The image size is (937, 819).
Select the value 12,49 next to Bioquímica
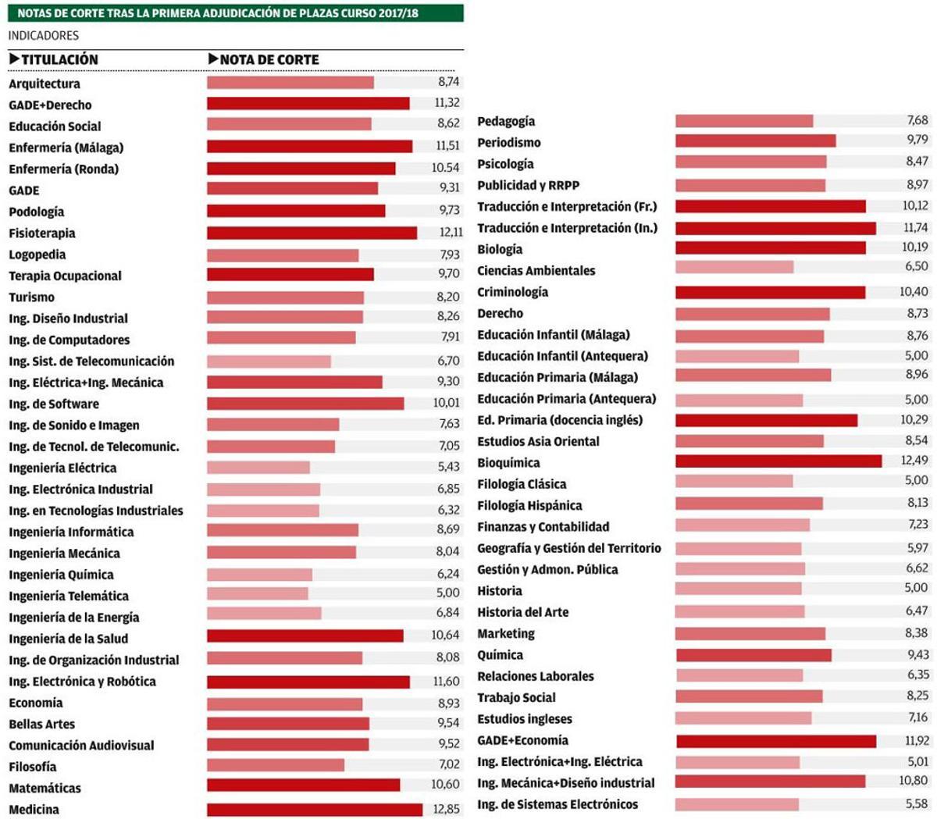(x=914, y=460)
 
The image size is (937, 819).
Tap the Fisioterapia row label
(x=42, y=233)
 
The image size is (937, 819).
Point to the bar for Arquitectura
(x=290, y=83)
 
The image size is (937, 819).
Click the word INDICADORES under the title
(x=44, y=35)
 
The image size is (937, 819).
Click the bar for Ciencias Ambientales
(x=734, y=267)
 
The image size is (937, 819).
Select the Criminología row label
(x=512, y=292)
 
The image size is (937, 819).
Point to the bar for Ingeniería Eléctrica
(x=258, y=468)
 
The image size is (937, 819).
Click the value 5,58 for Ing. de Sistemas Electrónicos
(x=917, y=804)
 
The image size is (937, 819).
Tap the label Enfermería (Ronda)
(x=64, y=169)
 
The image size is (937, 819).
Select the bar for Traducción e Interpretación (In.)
(x=775, y=228)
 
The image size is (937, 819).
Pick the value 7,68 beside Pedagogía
(x=917, y=120)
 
